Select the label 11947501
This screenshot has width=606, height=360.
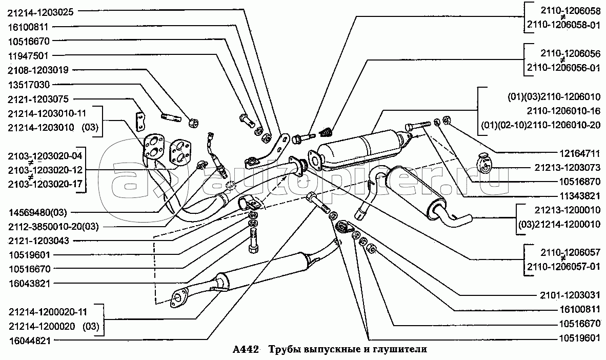tap(29, 55)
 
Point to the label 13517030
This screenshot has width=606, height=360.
tap(29, 84)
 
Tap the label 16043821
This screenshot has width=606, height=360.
tap(29, 283)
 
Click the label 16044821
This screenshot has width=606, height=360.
tap(29, 339)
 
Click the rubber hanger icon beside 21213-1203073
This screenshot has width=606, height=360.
tap(483, 162)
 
